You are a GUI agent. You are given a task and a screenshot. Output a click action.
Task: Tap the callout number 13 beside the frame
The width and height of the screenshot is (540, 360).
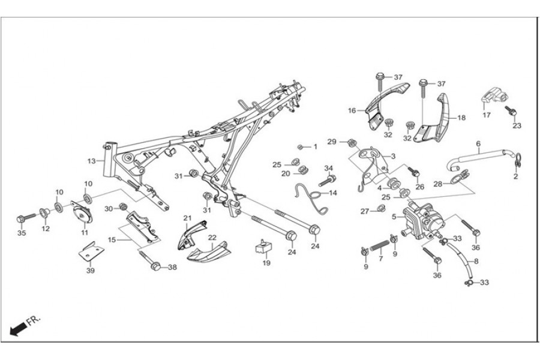click(x=91, y=161)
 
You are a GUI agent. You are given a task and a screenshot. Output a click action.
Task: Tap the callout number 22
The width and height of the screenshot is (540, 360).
click(x=211, y=238)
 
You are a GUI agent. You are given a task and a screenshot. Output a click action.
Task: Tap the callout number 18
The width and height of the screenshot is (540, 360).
click(x=461, y=118)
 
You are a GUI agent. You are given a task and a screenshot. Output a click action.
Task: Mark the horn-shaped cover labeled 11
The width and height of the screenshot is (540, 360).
click(x=83, y=212)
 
